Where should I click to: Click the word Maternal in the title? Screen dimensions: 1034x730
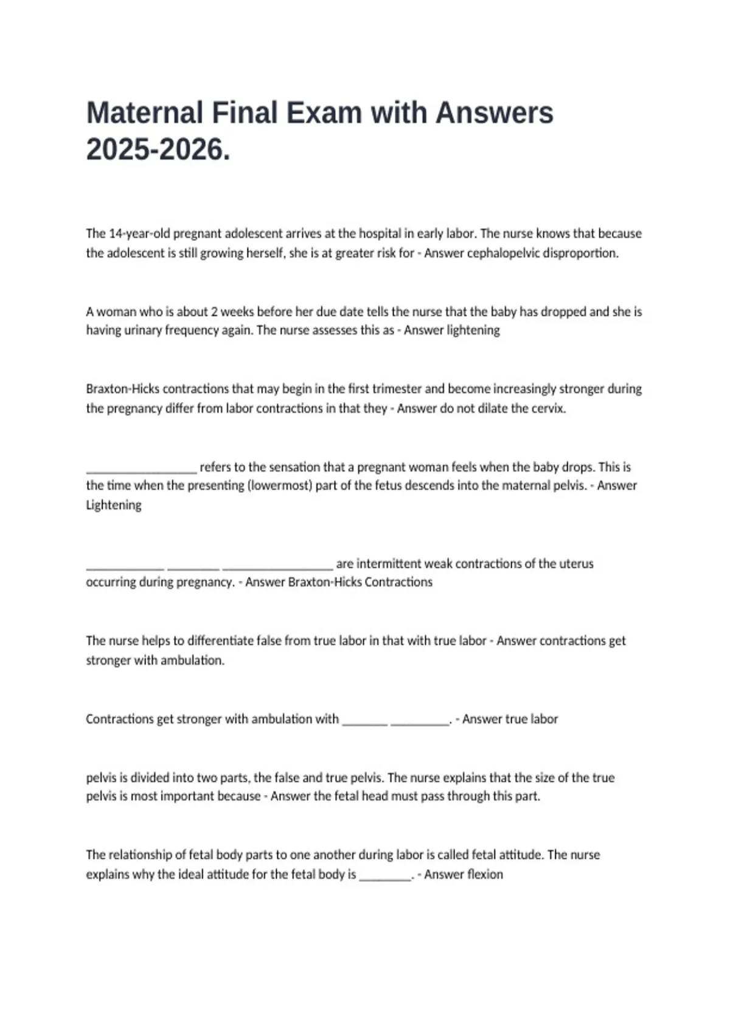[144, 113]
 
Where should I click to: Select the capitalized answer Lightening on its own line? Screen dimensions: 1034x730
[114, 505]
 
